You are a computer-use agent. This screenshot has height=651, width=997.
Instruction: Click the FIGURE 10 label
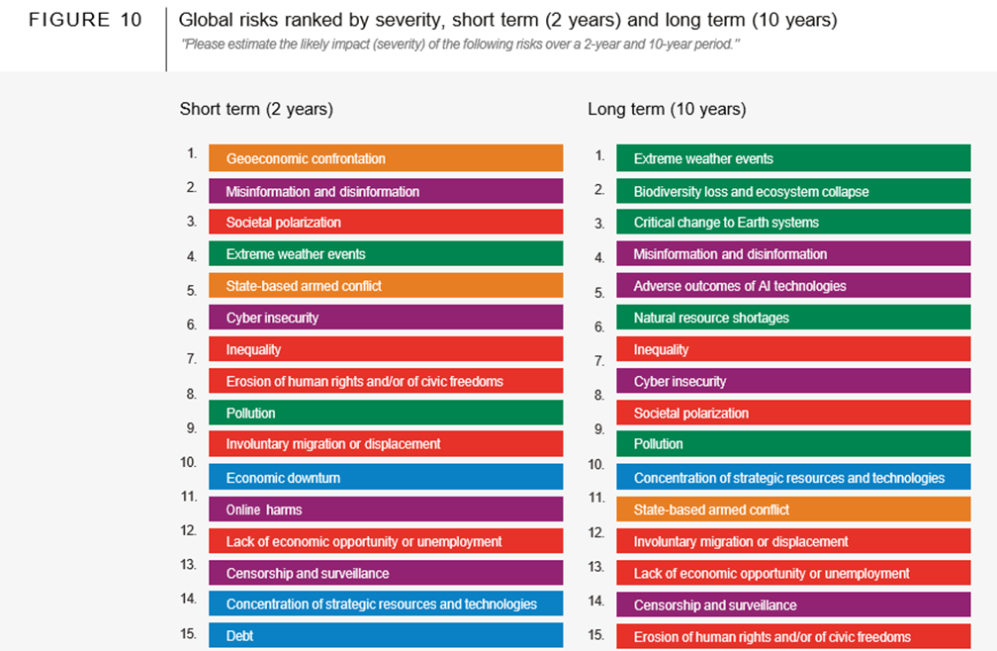[x=84, y=21]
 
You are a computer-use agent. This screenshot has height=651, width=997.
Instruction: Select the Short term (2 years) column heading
[x=256, y=109]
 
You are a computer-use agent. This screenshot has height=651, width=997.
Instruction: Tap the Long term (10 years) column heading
[x=667, y=109]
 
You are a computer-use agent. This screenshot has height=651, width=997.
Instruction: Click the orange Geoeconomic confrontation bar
[x=386, y=158]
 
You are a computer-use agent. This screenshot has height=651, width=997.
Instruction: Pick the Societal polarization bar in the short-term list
[x=386, y=223]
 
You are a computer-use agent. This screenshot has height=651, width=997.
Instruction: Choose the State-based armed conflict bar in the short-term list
[x=386, y=286]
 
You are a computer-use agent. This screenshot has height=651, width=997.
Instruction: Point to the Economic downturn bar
[x=386, y=478]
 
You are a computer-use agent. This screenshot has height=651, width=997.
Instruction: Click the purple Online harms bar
[x=386, y=510]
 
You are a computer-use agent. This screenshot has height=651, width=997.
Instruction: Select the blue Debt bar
[x=386, y=635]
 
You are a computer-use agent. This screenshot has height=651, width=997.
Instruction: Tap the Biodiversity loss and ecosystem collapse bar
[x=793, y=191]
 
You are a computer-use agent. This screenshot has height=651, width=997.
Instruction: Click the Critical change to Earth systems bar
[x=793, y=223]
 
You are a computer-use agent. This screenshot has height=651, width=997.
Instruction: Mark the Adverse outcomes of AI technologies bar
[x=793, y=286]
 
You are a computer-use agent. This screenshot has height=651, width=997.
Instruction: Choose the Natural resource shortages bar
[x=793, y=318]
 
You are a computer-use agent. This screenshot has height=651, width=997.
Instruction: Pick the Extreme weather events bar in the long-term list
[x=793, y=158]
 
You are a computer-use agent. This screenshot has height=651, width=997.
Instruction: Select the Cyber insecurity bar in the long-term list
[x=793, y=381]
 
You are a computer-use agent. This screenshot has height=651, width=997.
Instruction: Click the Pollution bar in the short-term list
[x=386, y=413]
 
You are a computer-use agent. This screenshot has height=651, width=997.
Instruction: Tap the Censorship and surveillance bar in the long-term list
[x=793, y=604]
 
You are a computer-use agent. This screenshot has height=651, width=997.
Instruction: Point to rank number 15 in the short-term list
[x=189, y=634]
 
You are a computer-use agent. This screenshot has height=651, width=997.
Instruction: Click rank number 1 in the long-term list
[x=599, y=155]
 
